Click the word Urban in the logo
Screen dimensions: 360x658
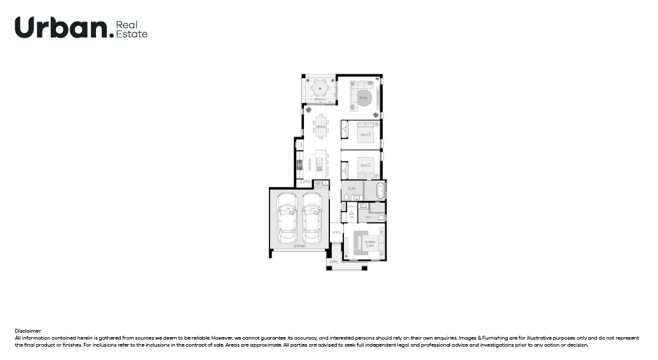point(61,27)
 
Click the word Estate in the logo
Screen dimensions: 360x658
point(132,34)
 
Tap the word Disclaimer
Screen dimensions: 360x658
point(28,331)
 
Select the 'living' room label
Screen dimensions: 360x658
point(364,98)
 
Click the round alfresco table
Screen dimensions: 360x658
point(319,88)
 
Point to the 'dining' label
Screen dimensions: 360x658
point(320,127)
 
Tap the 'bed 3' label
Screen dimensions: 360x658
point(366,135)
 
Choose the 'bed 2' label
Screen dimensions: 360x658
point(366,165)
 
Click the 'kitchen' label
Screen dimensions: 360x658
point(310,165)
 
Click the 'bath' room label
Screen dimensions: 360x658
point(352,189)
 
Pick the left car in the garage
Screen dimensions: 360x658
point(287,216)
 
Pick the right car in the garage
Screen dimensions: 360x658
point(312,216)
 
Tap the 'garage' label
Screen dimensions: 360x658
point(299,246)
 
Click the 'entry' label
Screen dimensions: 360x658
point(336,232)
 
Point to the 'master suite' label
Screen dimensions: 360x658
point(369,243)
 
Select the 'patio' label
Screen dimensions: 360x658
point(334,261)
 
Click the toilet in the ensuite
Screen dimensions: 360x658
point(381,218)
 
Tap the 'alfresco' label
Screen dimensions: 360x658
point(319,100)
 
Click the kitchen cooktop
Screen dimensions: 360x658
point(299,167)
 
